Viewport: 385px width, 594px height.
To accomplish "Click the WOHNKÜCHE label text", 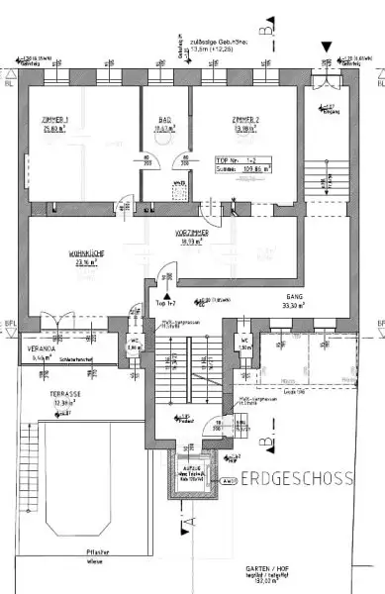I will (x=88, y=253).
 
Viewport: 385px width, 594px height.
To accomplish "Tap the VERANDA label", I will (x=39, y=347).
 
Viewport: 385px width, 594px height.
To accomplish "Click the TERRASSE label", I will (x=64, y=393).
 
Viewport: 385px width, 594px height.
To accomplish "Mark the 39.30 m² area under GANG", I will (x=292, y=307).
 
